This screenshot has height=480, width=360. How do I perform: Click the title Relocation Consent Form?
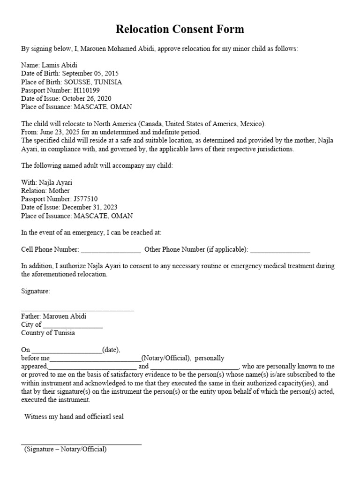coord(180,30)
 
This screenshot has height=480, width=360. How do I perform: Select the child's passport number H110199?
coord(87,90)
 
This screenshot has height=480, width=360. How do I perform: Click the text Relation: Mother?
coord(45,191)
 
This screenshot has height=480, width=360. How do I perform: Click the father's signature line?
coord(77,309)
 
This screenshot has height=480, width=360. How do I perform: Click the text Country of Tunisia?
coord(48,333)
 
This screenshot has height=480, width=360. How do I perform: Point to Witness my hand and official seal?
coord(74,416)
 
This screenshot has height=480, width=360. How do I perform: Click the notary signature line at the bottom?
coord(81,443)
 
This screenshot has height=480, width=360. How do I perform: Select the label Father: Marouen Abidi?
coord(53,316)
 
